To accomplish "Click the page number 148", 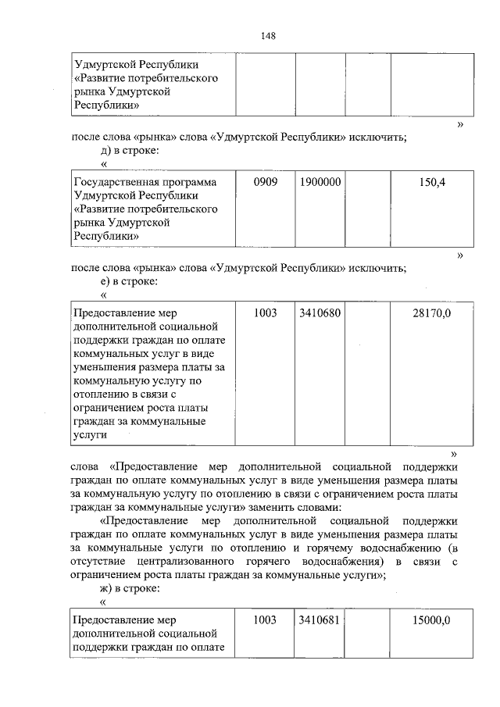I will point(268,36).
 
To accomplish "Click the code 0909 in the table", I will point(266,181).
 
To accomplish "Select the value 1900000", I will point(320,181).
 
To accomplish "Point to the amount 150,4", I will point(432,181).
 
